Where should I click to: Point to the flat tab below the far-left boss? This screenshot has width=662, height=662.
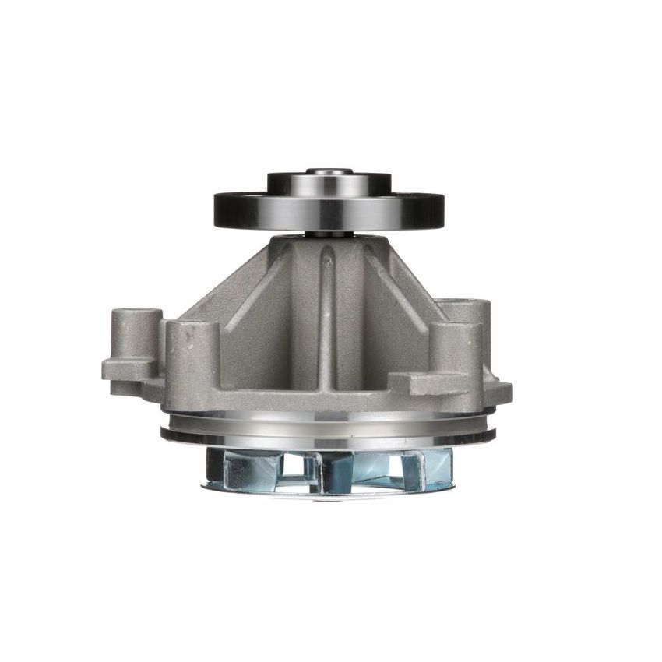point(129,368)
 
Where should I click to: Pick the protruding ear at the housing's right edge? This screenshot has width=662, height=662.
point(500,389)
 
